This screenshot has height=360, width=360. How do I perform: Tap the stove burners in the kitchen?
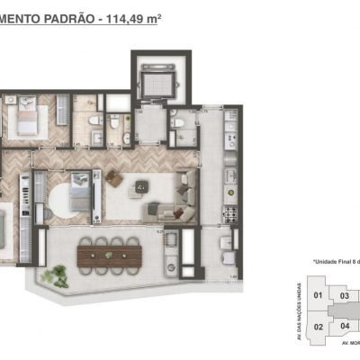coord(229,216)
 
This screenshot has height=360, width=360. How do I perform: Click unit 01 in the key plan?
coord(317,294)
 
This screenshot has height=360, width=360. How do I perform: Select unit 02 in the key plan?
coord(317,327)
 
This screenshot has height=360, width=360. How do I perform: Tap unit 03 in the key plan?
coord(344,294)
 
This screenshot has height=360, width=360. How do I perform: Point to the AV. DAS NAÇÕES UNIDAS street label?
coord(301,310)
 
